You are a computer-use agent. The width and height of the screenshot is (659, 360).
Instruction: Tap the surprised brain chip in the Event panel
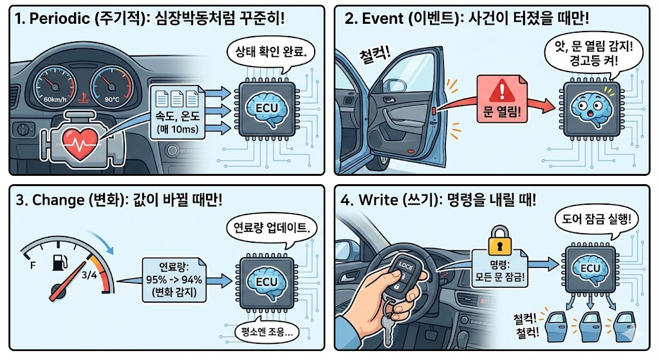[591, 110]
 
